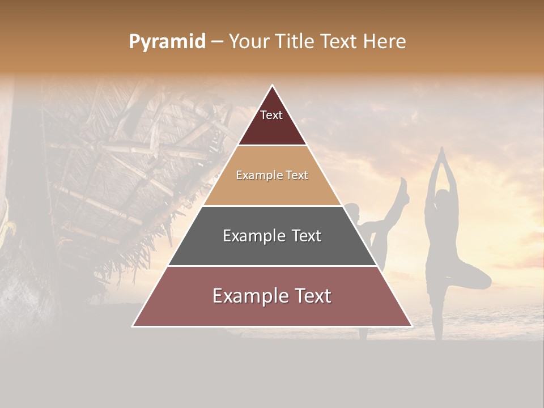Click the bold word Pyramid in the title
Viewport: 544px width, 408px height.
[x=167, y=42]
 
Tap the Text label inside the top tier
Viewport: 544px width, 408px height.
[x=271, y=116]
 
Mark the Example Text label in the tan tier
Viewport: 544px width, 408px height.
[x=272, y=176]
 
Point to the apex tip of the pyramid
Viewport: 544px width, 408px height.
[x=273, y=86]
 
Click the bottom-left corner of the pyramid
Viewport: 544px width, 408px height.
[x=134, y=325]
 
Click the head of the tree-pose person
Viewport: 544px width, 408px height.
[x=441, y=198]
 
